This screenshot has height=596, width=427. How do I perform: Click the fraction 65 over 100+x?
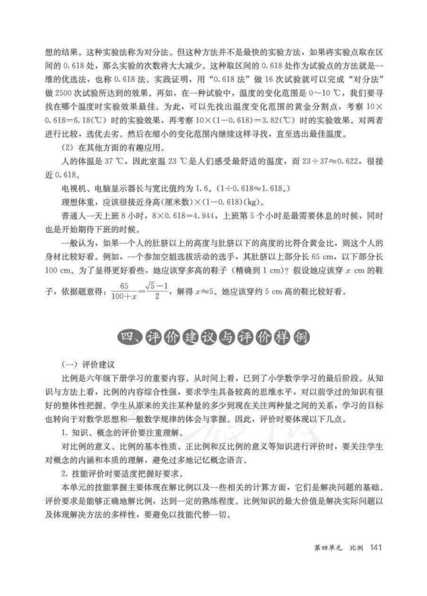tap(124, 291)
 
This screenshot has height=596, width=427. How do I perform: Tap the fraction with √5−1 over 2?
tap(157, 291)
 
